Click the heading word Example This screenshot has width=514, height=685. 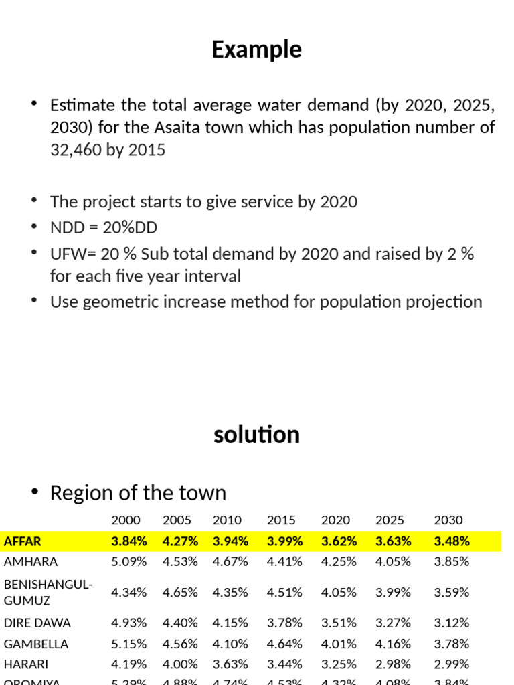256,50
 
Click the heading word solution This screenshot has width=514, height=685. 256,435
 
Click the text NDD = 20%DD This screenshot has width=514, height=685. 104,228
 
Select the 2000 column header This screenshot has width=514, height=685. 126,520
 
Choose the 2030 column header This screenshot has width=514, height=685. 448,520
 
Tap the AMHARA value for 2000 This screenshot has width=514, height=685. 128,562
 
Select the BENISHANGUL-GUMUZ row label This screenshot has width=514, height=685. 48,592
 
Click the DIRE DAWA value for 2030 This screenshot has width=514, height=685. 452,623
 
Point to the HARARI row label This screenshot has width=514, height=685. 25,665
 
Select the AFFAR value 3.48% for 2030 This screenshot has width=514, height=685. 452,541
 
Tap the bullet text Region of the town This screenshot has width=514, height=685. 138,494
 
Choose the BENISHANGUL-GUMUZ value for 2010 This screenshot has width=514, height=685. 230,592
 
